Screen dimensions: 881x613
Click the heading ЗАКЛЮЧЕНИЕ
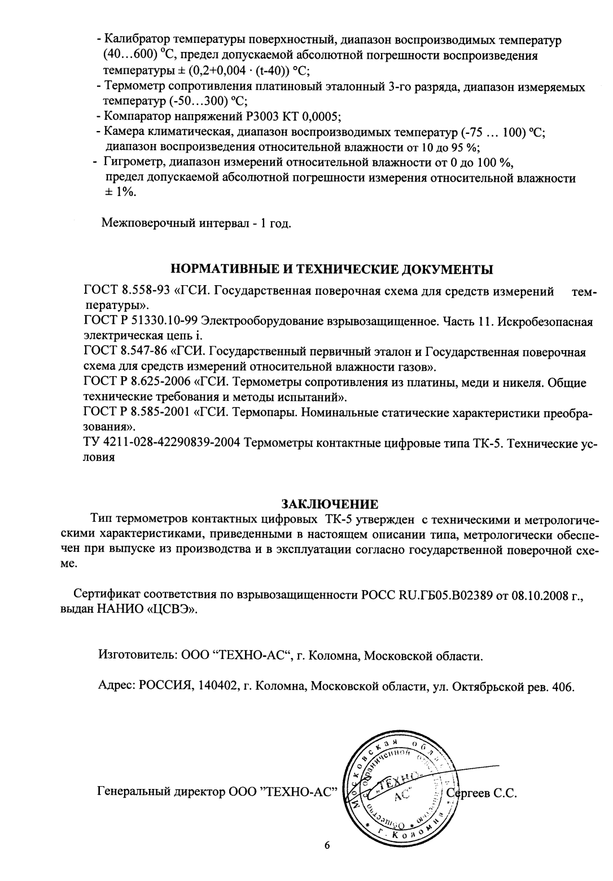[330, 503]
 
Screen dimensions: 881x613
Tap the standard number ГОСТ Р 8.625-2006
[136, 382]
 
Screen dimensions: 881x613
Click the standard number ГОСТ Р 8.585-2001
[136, 413]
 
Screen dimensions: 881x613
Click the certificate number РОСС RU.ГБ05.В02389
[427, 595]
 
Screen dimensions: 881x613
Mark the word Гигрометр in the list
[130, 164]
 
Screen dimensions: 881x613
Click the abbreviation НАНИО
[120, 610]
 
